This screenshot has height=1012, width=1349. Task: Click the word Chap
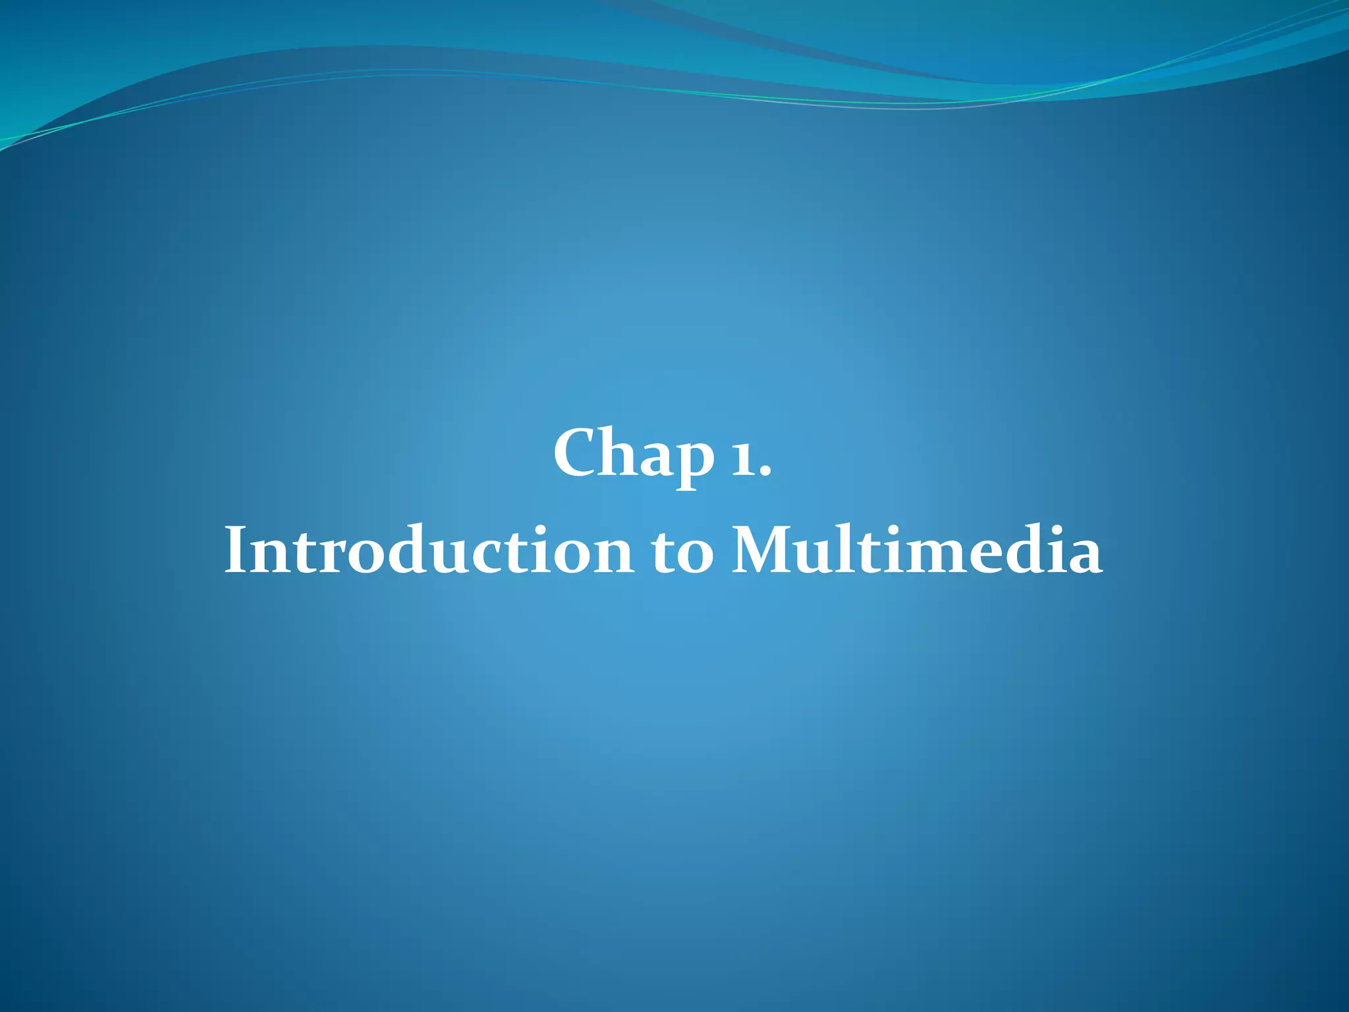(x=634, y=455)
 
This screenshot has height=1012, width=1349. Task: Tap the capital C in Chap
(x=576, y=453)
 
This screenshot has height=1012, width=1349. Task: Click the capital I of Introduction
(x=234, y=551)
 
